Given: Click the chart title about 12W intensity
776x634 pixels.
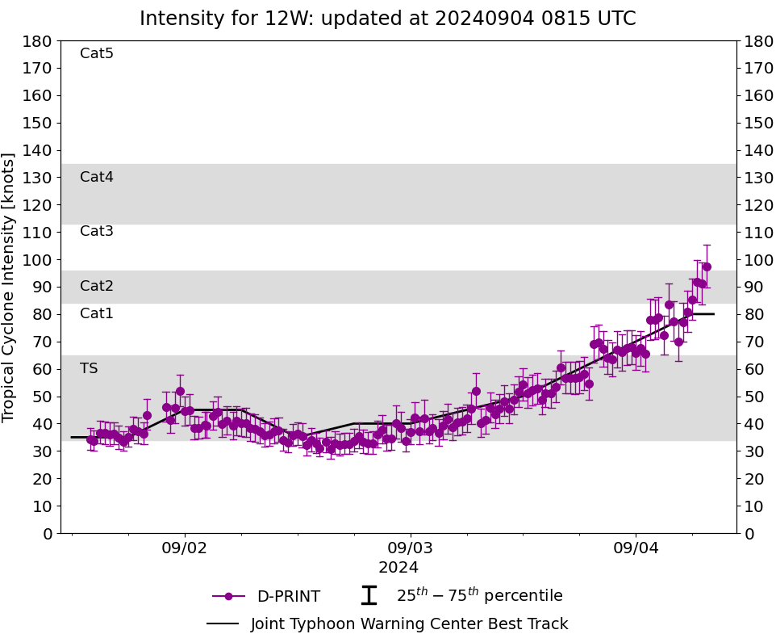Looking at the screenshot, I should [x=387, y=19].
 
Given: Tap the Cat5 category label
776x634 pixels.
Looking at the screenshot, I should [x=97, y=53].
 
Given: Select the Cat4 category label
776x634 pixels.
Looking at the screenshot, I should [x=97, y=177].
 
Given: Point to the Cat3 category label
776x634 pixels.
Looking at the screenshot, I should [x=97, y=231].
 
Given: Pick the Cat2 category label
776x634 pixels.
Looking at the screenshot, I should [x=97, y=286].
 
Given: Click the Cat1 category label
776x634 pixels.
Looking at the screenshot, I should [x=97, y=313].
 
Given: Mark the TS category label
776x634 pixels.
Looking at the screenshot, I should [x=89, y=368].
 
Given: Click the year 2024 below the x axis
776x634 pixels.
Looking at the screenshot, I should [x=398, y=567].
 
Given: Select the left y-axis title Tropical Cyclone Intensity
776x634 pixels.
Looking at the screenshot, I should [x=10, y=287].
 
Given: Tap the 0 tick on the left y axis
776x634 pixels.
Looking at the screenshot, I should [x=48, y=533].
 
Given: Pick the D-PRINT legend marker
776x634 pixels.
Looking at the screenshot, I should [x=228, y=596].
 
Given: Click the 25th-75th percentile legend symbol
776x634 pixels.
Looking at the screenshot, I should [x=369, y=596].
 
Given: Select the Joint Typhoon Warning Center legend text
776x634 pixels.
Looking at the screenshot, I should [x=409, y=624].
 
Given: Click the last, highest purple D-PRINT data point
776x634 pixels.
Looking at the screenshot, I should [x=707, y=267].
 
